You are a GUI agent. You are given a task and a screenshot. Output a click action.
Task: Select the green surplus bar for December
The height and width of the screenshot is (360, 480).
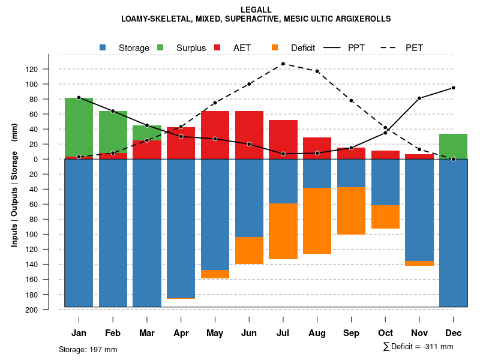point(453,146)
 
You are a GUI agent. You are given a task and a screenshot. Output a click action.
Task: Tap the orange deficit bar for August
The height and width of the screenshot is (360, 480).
point(317,221)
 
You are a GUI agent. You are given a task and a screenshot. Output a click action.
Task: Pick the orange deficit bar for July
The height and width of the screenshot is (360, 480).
point(283,232)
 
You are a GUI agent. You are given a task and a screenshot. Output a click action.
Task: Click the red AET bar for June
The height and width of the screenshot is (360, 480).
point(249,135)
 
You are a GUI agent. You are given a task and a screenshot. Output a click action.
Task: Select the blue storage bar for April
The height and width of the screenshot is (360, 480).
point(181,229)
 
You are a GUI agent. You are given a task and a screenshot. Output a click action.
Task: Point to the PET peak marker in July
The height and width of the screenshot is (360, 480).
point(283,64)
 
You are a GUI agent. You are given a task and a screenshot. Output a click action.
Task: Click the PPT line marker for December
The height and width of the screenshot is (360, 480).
point(453,88)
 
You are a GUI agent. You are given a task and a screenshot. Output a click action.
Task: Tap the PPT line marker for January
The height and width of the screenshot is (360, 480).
point(79,97)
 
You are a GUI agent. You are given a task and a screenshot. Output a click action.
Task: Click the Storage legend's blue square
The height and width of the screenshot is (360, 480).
point(103,47)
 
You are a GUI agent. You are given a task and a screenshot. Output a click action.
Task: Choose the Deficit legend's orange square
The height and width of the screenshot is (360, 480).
point(275,47)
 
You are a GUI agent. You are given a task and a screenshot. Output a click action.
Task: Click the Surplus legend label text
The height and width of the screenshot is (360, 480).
point(191,48)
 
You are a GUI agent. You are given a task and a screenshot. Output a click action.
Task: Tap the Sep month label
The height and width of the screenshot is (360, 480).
point(351,333)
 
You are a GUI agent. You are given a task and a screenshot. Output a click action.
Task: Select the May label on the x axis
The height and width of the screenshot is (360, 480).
point(215,333)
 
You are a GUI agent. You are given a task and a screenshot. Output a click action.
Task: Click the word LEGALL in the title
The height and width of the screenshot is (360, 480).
point(256,10)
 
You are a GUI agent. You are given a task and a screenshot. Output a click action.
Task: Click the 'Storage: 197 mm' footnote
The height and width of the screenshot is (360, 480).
point(88,349)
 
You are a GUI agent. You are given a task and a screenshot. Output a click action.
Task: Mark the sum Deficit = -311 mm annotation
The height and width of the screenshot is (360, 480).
point(418,347)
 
